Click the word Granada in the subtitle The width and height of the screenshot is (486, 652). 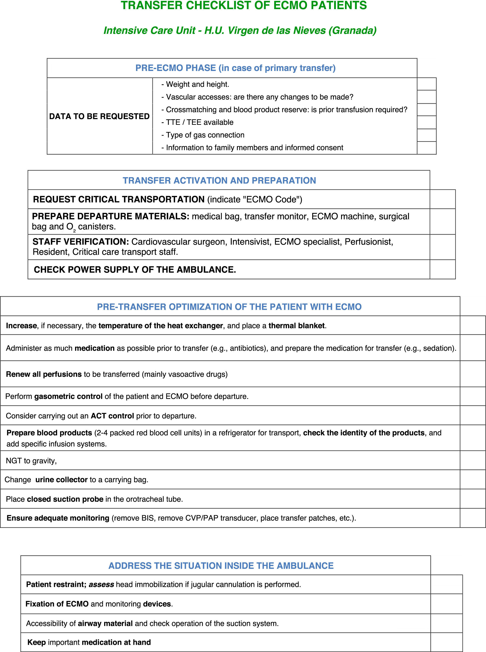[352, 31]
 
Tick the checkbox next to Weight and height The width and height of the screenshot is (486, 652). [426, 84]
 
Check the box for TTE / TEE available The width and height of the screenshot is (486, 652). [426, 122]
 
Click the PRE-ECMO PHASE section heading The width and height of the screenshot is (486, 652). [235, 68]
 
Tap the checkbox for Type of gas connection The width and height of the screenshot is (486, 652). [426, 135]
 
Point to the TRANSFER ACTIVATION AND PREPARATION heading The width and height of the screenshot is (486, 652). [219, 180]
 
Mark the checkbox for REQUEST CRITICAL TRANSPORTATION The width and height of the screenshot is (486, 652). [442, 199]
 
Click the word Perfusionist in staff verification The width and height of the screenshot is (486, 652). [369, 242]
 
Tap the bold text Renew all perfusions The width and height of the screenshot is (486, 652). [44, 374]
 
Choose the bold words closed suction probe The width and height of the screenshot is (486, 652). [65, 499]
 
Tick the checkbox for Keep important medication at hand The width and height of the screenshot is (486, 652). [446, 642]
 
